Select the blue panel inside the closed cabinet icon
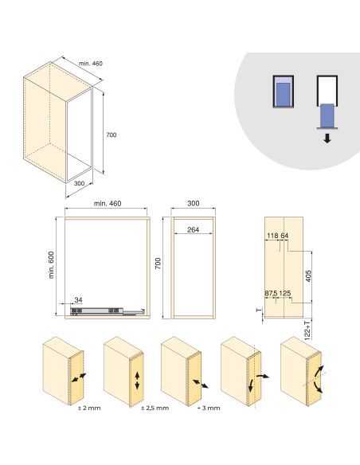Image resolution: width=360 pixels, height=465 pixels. [x=282, y=95]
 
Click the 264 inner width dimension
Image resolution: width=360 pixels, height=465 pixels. [x=192, y=231]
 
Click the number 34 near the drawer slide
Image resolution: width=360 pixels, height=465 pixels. [x=78, y=299]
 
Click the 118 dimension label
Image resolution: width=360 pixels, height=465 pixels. [x=272, y=236]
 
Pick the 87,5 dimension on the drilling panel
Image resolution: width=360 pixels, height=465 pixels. [x=271, y=293]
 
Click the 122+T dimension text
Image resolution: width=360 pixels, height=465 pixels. [x=307, y=330]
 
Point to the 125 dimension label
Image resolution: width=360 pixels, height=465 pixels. [x=286, y=293]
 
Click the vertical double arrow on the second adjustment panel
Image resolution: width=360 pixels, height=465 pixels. [x=136, y=380]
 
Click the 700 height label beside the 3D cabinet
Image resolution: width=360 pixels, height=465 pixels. [x=111, y=135]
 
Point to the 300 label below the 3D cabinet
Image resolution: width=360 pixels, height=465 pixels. [x=79, y=182]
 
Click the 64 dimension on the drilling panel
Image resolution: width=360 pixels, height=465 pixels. [x=284, y=236]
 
